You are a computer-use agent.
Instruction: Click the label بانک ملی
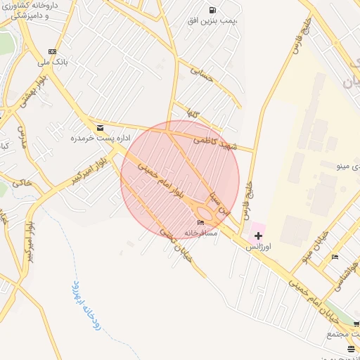53,62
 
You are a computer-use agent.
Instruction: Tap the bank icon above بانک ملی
53,51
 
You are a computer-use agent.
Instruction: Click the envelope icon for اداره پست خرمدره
101,128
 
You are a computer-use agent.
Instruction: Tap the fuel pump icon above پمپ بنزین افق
212,10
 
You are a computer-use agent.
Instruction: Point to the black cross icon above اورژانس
258,236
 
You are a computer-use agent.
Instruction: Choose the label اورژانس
258,247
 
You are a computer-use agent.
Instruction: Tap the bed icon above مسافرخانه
201,222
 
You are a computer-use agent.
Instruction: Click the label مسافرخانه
201,232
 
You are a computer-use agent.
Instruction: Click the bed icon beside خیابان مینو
335,257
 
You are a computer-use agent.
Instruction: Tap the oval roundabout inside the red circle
207,212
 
